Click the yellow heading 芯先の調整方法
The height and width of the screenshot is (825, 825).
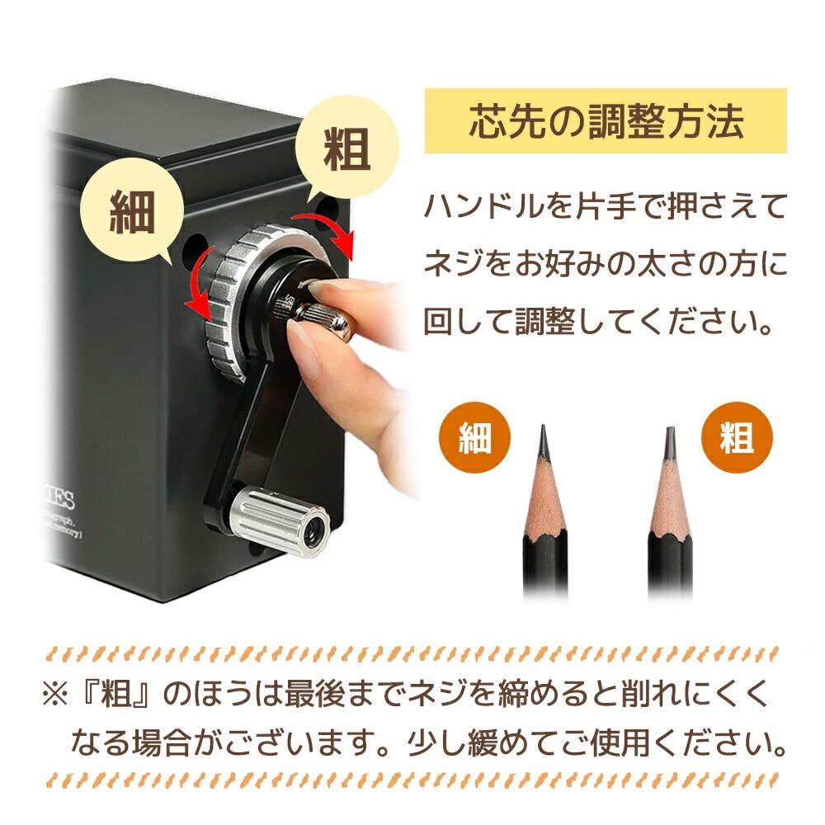click(606, 121)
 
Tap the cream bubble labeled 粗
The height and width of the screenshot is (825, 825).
click(346, 148)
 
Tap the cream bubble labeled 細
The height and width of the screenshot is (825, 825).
click(132, 211)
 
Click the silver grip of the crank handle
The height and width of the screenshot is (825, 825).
click(280, 519)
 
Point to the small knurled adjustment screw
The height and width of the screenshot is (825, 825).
click(321, 318)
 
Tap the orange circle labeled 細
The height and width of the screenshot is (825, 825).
click(474, 438)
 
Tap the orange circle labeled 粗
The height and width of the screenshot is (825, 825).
click(737, 438)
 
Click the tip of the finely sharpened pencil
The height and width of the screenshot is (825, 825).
click(543, 427)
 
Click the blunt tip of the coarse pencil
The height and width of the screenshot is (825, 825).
click(670, 428)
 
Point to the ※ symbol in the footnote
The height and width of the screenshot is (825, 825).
click(55, 694)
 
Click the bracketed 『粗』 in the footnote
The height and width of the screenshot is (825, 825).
click(117, 694)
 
